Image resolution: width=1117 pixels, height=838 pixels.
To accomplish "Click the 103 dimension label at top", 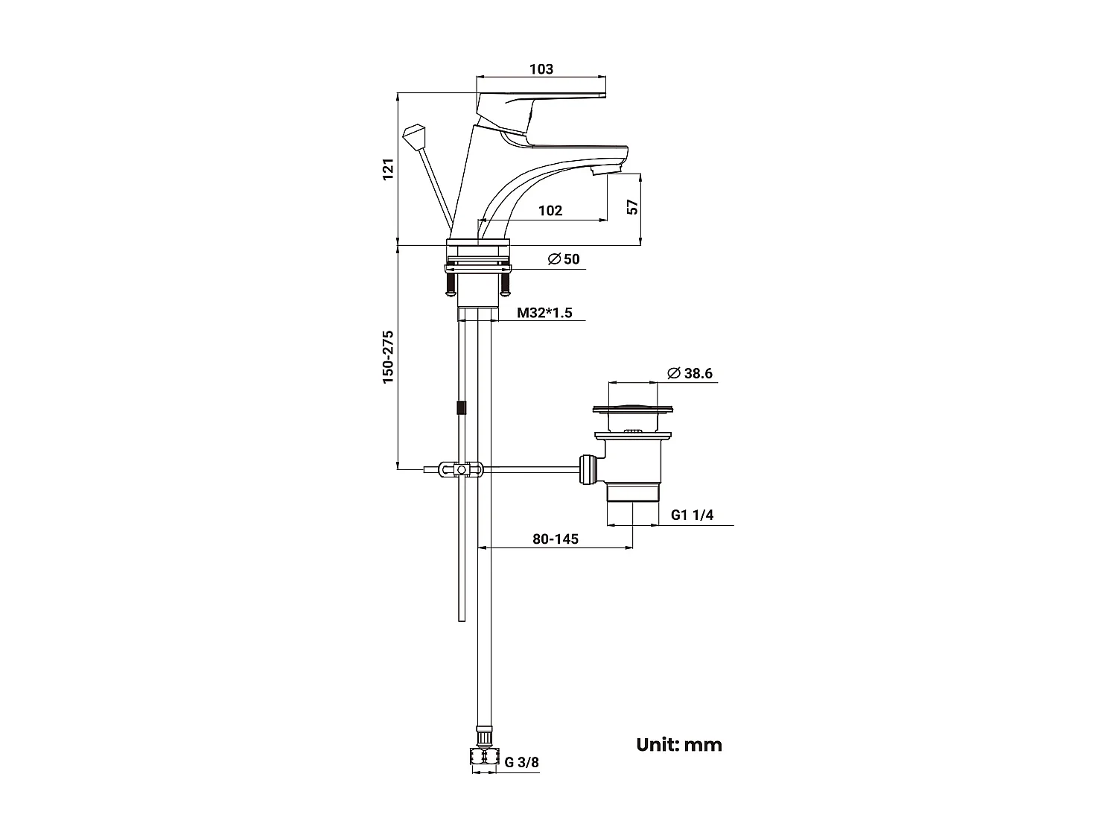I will coord(541,69).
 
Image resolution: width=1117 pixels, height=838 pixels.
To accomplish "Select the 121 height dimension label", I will coord(386,170).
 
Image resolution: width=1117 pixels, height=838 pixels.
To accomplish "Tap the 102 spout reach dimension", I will coord(550,211).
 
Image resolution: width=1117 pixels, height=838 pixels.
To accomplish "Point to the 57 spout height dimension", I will coord(632,208).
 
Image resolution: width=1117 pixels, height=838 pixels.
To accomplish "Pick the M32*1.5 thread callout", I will coord(545,312).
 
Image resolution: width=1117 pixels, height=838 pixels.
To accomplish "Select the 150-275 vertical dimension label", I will coord(387,357).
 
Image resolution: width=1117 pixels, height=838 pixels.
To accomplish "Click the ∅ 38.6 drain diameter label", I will coord(690,373).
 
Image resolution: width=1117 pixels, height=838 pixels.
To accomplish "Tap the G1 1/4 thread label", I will coord(692,515).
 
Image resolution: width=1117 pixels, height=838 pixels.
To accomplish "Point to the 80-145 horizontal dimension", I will coord(556,539).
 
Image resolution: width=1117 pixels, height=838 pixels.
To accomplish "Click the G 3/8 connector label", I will coord(521,762).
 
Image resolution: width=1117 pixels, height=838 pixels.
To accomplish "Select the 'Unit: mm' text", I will coord(679,744).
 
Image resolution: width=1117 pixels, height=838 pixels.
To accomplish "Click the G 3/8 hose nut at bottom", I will coord(484,756).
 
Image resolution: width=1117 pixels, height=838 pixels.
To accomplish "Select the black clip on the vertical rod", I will coord(462,408).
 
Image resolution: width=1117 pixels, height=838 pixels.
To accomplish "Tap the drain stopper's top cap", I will coord(634,408).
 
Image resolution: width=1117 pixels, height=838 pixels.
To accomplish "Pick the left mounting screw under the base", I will coord(450,283).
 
